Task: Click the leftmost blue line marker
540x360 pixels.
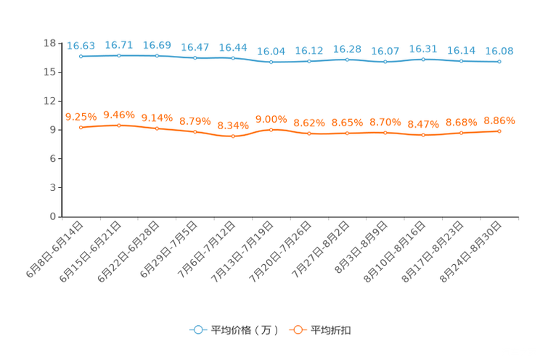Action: point(81,56)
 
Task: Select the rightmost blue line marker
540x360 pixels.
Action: point(499,62)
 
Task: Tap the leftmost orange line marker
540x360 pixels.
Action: point(81,127)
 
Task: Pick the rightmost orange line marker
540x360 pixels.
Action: point(499,131)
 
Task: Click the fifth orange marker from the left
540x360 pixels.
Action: point(233,136)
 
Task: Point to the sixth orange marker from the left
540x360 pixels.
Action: point(271,129)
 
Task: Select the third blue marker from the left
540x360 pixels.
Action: point(157,55)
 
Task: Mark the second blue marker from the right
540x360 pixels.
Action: point(462,61)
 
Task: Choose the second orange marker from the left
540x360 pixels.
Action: point(119,125)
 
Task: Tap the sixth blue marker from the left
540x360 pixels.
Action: point(271,62)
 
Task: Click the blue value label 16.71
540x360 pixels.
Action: point(118,45)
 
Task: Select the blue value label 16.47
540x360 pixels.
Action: point(195,47)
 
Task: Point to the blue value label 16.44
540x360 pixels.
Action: point(233,47)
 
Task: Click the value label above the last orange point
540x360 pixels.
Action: point(499,120)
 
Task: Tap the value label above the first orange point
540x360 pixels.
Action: point(81,116)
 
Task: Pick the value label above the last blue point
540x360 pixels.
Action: point(499,51)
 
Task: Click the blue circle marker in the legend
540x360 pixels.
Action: point(197,330)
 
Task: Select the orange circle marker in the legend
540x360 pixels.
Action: point(297,330)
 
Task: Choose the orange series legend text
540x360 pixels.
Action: point(332,330)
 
